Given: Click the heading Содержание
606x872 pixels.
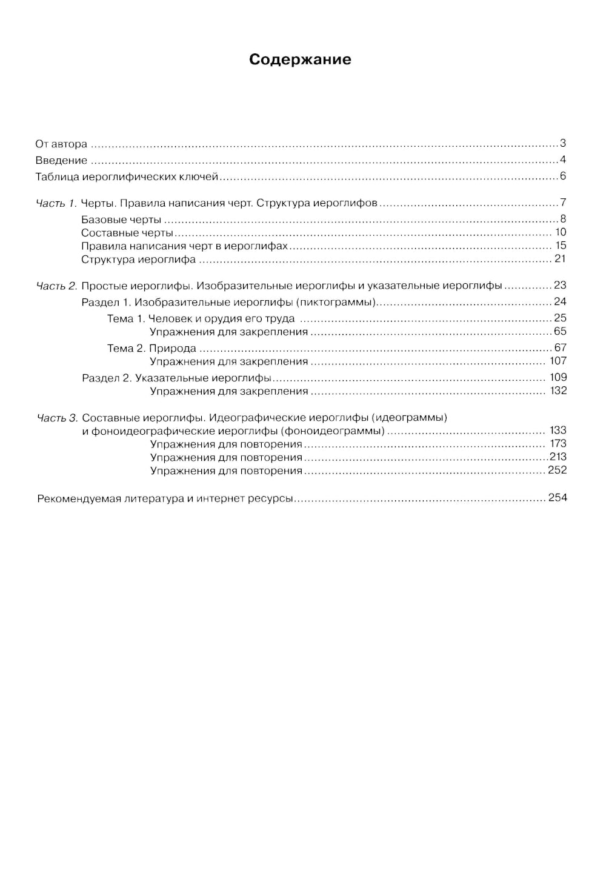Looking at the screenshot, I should point(300,59).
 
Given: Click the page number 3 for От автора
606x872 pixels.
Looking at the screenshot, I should point(562,144).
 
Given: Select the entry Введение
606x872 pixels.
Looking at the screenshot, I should point(61,161).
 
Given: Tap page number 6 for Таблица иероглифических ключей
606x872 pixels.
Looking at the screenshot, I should point(562,176).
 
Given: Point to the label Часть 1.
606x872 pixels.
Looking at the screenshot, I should point(56,203).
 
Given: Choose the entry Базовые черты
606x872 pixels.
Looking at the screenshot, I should point(121,220).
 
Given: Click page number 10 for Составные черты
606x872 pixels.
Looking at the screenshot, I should point(561,232).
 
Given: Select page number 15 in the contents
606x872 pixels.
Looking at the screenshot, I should point(561,246).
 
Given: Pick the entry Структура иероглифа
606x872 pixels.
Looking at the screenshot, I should point(138,260).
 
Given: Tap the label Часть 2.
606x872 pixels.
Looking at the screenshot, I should point(56,286).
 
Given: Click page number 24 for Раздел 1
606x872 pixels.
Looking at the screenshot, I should point(560,301).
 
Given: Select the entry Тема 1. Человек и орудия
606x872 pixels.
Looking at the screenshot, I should point(201,318).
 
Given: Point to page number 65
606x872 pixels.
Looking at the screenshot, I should point(560,331).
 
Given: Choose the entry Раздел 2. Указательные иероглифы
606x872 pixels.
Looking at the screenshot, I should point(176,378).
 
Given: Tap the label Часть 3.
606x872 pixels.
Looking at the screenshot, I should point(57,418).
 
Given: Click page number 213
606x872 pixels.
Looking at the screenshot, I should point(558,457).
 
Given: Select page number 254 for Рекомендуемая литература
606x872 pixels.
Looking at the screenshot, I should point(558,498).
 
